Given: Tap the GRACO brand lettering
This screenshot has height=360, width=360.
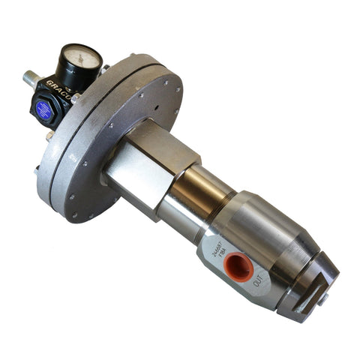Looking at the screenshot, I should coord(58,83).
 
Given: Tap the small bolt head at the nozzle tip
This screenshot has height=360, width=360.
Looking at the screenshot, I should coord(325,300).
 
